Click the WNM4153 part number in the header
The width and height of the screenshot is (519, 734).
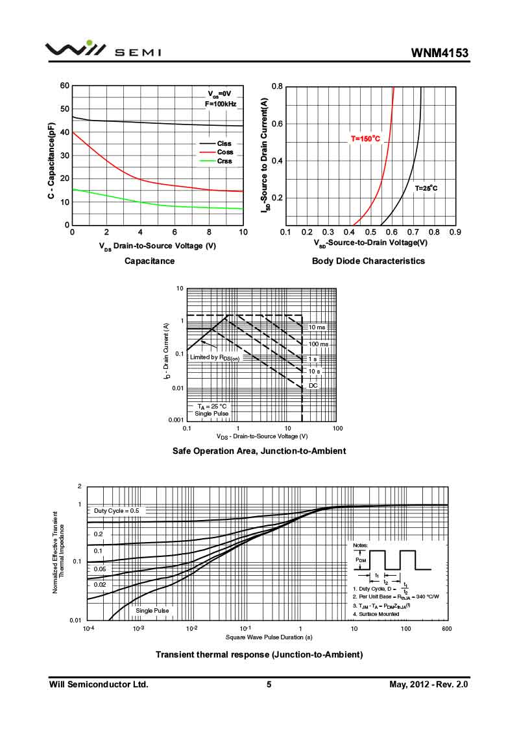tap(439, 53)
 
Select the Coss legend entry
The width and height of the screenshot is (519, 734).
tap(225, 152)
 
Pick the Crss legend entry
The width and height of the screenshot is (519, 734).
tap(224, 161)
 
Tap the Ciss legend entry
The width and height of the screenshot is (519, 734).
tap(224, 143)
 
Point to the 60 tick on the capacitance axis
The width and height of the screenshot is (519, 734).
tap(64, 86)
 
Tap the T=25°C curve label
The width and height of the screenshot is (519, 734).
tap(426, 188)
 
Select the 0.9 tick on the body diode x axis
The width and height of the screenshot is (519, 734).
tap(455, 232)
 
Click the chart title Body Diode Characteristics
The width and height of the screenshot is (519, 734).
tap(368, 261)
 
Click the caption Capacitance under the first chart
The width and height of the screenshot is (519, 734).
tap(150, 261)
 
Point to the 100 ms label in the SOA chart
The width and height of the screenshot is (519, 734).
tap(319, 344)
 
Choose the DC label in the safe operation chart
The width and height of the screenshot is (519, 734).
tap(313, 385)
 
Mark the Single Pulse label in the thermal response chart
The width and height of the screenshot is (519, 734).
tap(152, 610)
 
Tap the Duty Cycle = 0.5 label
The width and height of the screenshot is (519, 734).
tap(117, 511)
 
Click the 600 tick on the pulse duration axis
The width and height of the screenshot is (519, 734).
tap(446, 629)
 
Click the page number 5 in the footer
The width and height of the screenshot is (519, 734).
tap(269, 684)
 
